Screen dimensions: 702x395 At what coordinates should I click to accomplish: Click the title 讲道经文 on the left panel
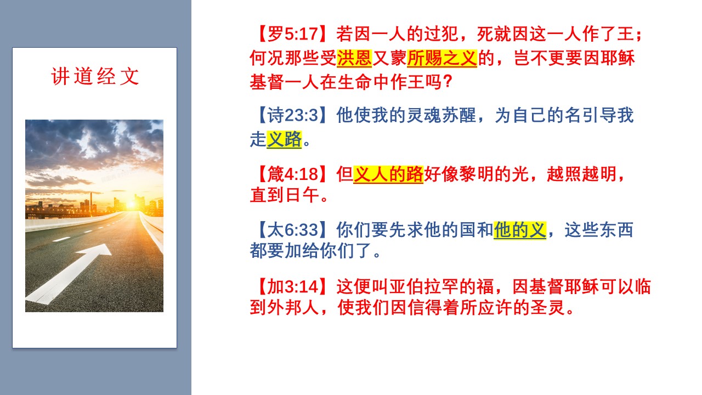pyautogui.click(x=95, y=76)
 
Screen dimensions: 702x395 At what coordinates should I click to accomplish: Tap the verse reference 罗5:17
pyautogui.click(x=293, y=34)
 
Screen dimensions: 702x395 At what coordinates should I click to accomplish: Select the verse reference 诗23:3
pyautogui.click(x=293, y=115)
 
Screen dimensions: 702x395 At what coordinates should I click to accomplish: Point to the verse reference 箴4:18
pyautogui.click(x=293, y=174)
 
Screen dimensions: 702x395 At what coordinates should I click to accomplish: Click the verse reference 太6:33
pyautogui.click(x=293, y=230)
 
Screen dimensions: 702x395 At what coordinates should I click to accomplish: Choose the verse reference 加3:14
pyautogui.click(x=293, y=286)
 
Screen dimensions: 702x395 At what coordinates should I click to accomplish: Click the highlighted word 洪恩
pyautogui.click(x=354, y=58)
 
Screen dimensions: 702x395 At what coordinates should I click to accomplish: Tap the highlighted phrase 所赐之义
pyautogui.click(x=442, y=58)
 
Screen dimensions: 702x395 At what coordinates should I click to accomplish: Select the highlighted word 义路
pyautogui.click(x=284, y=139)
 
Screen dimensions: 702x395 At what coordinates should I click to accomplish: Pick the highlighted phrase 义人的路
pyautogui.click(x=388, y=174)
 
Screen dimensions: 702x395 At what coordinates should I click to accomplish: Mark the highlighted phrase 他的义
pyautogui.click(x=520, y=230)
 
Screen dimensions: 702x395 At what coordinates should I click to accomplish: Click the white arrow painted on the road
pyautogui.click(x=69, y=273)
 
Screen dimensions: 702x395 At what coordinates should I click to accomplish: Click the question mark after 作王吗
pyautogui.click(x=448, y=82)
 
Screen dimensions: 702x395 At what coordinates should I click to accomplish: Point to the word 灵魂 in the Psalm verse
pyautogui.click(x=424, y=115)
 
